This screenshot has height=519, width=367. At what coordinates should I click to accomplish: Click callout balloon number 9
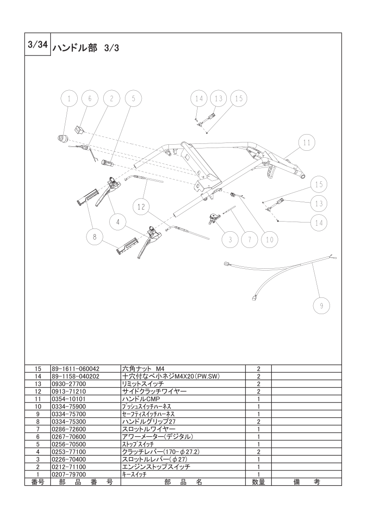[321, 305]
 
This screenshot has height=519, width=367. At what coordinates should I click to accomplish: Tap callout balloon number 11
[307, 142]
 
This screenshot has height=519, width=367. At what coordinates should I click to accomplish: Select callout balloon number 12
[141, 207]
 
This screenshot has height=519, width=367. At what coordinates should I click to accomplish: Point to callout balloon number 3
[230, 239]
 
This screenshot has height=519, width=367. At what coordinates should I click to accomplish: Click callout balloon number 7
[250, 239]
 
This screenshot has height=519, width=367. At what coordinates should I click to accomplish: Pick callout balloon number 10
[270, 239]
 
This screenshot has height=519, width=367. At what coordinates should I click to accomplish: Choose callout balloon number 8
[94, 237]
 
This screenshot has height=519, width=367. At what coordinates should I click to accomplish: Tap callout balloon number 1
[69, 99]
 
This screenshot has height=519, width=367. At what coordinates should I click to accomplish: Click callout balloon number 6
[90, 99]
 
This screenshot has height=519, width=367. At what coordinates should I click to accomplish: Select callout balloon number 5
[133, 99]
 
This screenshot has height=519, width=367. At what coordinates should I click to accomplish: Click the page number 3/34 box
[38, 44]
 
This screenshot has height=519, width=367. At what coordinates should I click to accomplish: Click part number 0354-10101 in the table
[68, 399]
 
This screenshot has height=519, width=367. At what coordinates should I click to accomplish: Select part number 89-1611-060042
[75, 369]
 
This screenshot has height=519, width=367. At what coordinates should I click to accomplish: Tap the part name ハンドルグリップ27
[149, 421]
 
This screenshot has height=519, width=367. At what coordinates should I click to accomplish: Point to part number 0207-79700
[68, 474]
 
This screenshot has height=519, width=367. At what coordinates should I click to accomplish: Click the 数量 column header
[258, 482]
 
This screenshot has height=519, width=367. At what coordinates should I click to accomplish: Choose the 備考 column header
[307, 482]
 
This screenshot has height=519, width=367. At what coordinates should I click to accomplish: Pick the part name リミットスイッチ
[143, 384]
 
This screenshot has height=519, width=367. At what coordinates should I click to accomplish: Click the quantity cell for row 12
[258, 391]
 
